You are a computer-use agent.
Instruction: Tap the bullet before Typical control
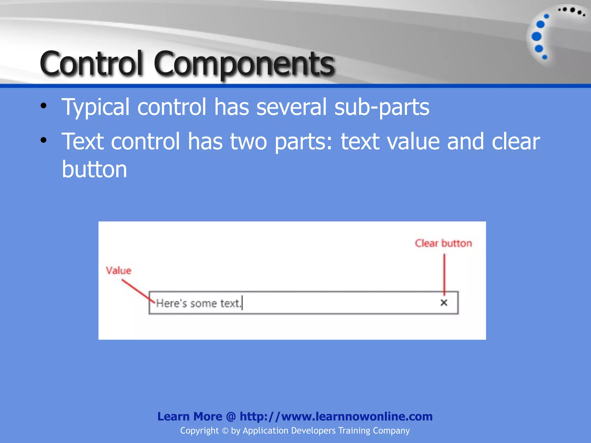click(x=44, y=106)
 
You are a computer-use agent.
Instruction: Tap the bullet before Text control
click(x=44, y=140)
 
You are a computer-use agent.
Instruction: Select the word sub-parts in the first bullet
click(x=381, y=107)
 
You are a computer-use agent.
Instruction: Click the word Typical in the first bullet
click(x=96, y=107)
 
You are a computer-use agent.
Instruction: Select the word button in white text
click(x=94, y=169)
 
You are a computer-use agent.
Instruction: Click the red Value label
click(x=118, y=271)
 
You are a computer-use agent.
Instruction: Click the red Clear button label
click(x=443, y=243)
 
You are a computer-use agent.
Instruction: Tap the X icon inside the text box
click(x=444, y=303)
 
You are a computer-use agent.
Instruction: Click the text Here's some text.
click(x=198, y=303)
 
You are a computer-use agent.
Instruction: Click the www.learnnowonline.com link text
click(x=357, y=416)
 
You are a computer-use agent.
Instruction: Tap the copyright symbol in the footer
click(x=225, y=431)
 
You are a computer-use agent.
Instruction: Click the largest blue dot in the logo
click(x=536, y=37)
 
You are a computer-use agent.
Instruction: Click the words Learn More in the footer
click(x=190, y=416)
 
